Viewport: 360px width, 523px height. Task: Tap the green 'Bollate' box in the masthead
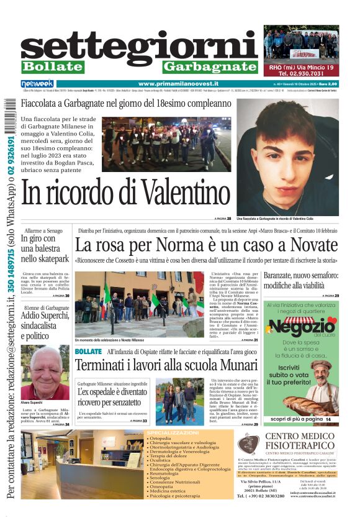[53, 66]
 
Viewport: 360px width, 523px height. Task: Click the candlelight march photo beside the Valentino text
[166, 144]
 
